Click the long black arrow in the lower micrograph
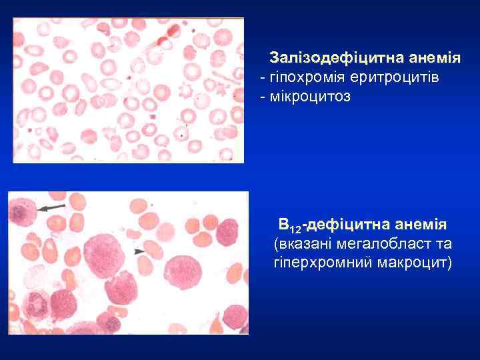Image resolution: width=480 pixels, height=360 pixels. click(52, 208)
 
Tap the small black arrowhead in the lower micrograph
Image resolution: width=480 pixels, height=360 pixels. click(139, 251)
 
